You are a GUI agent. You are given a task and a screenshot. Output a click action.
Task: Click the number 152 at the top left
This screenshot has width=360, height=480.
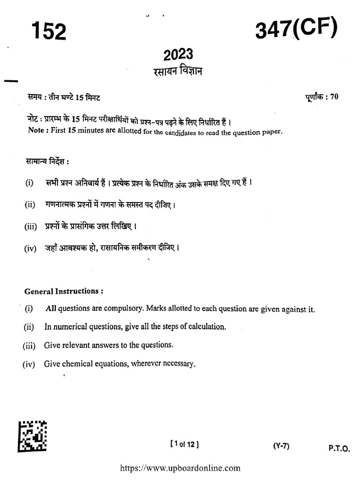[x=48, y=31]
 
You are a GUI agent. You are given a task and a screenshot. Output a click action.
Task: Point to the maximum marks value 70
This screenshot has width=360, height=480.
[x=334, y=97]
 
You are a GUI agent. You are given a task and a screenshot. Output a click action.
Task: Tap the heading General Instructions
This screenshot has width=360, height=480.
[x=63, y=291]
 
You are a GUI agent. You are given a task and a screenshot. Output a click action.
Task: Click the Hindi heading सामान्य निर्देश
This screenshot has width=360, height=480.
[x=46, y=162]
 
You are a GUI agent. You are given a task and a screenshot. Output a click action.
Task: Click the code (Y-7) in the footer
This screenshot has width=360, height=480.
[x=281, y=446]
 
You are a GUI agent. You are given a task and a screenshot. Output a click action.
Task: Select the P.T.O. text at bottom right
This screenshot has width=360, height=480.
[x=339, y=449]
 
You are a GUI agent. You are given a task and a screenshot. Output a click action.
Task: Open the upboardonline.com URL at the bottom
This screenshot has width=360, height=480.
[x=180, y=468]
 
